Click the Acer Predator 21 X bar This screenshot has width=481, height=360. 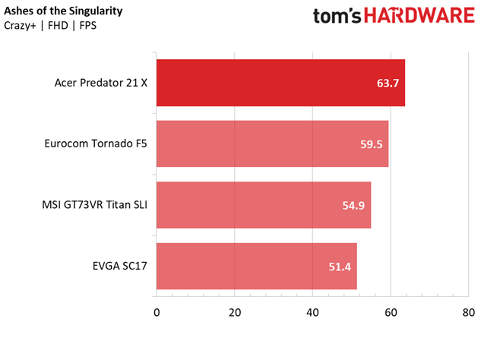pos(280,83)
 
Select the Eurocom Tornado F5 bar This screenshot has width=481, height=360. pos(272,144)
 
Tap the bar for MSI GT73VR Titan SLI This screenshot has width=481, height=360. pos(263,205)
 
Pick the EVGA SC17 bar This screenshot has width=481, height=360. pos(256,266)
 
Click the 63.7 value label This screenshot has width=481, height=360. pos(388,83)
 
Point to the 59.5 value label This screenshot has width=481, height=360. pos(371,144)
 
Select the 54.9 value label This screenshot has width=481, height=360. pos(353,205)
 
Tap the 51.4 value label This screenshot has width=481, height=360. pos(339,266)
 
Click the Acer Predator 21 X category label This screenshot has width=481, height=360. pos(101,83)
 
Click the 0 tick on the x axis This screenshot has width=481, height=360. pos(157,312)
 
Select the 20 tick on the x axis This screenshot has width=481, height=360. pos(234,312)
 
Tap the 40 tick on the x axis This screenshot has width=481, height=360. pos(312,312)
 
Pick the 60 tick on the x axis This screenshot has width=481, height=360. pos(391,312)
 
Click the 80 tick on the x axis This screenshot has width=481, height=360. pos(468,312)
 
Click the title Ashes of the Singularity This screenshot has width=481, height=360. pos(63,11)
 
